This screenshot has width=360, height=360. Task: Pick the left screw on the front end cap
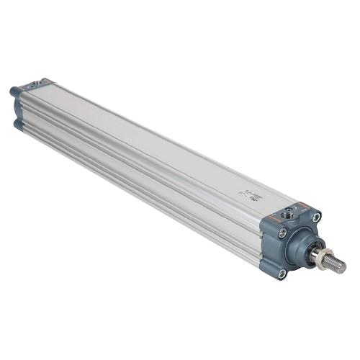coord(282,233)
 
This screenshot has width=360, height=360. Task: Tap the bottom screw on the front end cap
coord(282,273)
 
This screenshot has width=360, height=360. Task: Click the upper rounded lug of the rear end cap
coord(14,92)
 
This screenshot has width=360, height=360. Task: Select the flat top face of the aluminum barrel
coord(158,137)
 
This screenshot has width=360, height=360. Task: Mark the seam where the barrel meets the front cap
coord(261,230)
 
